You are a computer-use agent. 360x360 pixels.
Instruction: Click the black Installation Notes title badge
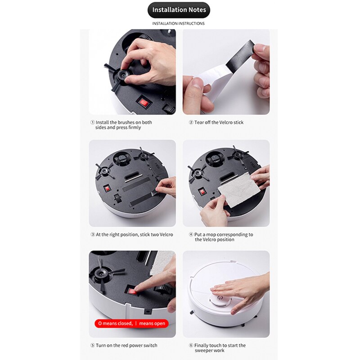(179, 10)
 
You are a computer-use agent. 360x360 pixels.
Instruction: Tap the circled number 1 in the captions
(92, 122)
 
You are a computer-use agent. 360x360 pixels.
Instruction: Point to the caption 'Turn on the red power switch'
(126, 345)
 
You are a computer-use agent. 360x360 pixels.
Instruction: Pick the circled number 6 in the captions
(191, 345)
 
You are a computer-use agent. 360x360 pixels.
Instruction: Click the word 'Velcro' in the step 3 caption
(166, 234)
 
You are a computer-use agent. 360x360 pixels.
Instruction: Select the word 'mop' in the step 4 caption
(216, 234)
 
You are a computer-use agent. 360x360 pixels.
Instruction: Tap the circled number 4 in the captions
(191, 234)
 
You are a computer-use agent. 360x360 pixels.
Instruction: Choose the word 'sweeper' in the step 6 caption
(203, 350)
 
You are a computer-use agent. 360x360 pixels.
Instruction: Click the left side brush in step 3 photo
(104, 171)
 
